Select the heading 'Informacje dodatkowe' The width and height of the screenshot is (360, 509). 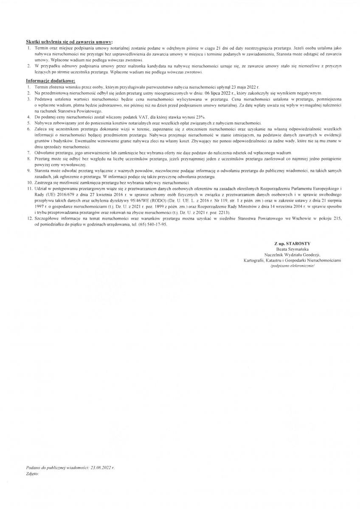[51, 80]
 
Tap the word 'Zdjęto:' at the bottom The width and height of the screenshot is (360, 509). [32, 473]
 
